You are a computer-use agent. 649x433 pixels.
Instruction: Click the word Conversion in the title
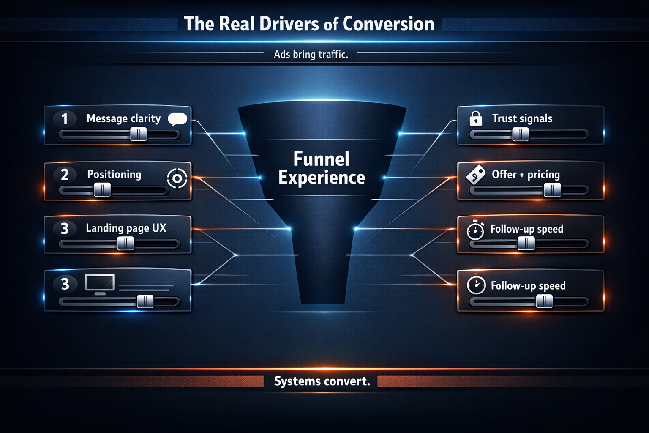388,24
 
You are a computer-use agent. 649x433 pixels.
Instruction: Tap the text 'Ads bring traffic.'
311,54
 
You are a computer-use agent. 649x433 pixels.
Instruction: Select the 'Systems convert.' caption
322,381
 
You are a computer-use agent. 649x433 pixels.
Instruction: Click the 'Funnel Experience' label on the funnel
322,168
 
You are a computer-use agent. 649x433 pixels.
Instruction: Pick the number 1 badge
65,119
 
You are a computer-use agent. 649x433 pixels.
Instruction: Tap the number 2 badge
65,175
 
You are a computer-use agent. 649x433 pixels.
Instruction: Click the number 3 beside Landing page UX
65,229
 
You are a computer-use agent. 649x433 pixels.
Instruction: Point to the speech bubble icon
177,119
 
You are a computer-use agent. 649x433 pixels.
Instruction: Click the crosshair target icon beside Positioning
177,178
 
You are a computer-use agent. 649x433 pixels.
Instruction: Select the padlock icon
476,119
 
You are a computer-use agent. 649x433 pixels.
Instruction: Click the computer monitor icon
100,284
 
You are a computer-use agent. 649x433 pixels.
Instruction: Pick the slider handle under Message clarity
138,134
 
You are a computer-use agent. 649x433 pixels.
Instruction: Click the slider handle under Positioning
102,189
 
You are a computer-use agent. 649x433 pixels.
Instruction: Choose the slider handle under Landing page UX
125,244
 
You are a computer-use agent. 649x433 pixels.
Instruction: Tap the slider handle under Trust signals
521,134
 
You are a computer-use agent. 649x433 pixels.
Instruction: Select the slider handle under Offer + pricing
552,190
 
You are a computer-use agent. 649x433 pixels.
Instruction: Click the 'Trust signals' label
522,119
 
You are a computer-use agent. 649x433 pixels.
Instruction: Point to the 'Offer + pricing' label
526,175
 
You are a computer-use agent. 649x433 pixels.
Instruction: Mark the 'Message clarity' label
123,119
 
